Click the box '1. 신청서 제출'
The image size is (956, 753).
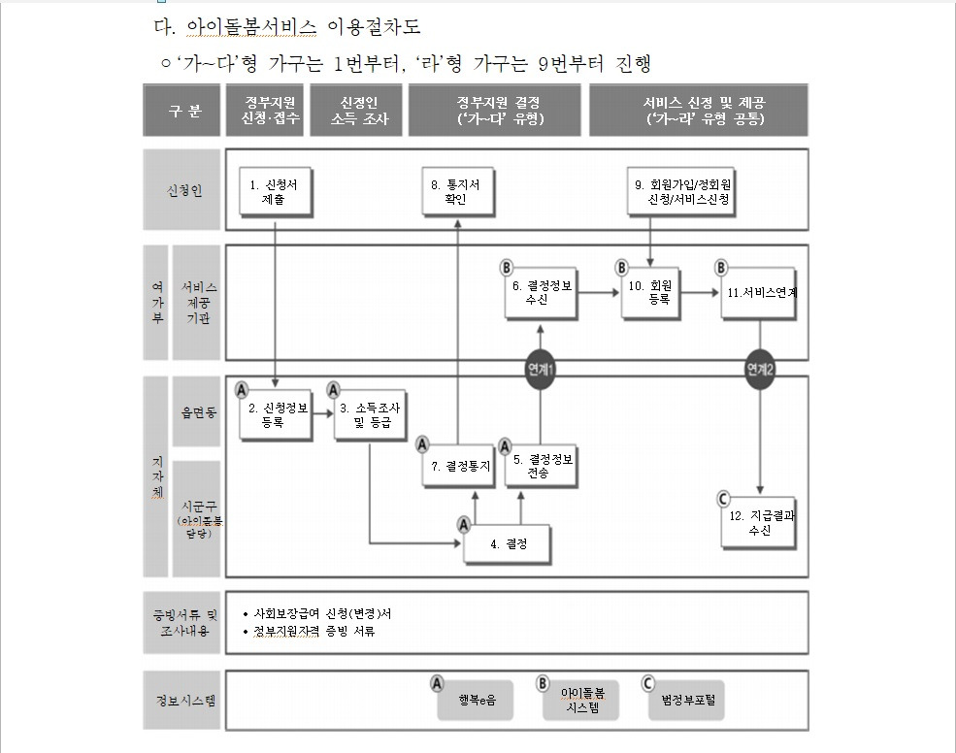[275, 192]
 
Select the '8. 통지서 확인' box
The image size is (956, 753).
[456, 192]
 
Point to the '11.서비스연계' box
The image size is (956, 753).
[759, 293]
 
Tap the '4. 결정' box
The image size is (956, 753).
[508, 544]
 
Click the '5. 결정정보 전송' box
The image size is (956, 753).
[543, 466]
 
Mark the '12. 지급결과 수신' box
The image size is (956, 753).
[759, 523]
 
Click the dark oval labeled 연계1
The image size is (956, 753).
[541, 370]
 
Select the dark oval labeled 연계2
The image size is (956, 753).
[760, 370]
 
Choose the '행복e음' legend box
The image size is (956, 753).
[476, 700]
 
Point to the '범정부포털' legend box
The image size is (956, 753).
[687, 700]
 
